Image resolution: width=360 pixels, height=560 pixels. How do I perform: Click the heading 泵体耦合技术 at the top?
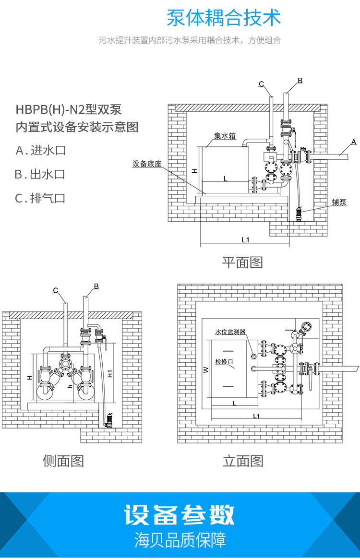tap(223, 18)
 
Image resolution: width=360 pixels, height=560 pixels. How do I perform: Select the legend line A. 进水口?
tap(41, 151)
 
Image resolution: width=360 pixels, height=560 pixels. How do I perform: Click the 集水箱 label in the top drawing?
tap(226, 136)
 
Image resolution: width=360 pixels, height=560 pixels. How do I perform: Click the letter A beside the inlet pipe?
tap(354, 142)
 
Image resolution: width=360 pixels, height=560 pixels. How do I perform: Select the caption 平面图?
tap(242, 262)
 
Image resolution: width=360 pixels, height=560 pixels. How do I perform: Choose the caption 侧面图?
tap(63, 461)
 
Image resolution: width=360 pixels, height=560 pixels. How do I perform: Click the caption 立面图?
tap(243, 461)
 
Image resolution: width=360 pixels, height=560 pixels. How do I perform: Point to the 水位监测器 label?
tap(230, 332)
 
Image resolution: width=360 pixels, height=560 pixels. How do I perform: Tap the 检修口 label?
tap(224, 361)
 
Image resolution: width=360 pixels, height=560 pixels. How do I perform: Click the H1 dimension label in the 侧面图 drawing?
tap(110, 373)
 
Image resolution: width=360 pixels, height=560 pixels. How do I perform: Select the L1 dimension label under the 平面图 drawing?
tap(245, 239)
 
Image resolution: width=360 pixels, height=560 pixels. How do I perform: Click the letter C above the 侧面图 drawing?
tap(56, 290)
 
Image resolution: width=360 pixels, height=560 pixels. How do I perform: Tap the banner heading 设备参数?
tap(180, 515)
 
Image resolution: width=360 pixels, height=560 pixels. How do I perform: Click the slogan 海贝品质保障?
tap(180, 540)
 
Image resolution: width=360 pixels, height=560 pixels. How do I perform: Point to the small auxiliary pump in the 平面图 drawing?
tap(300, 212)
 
